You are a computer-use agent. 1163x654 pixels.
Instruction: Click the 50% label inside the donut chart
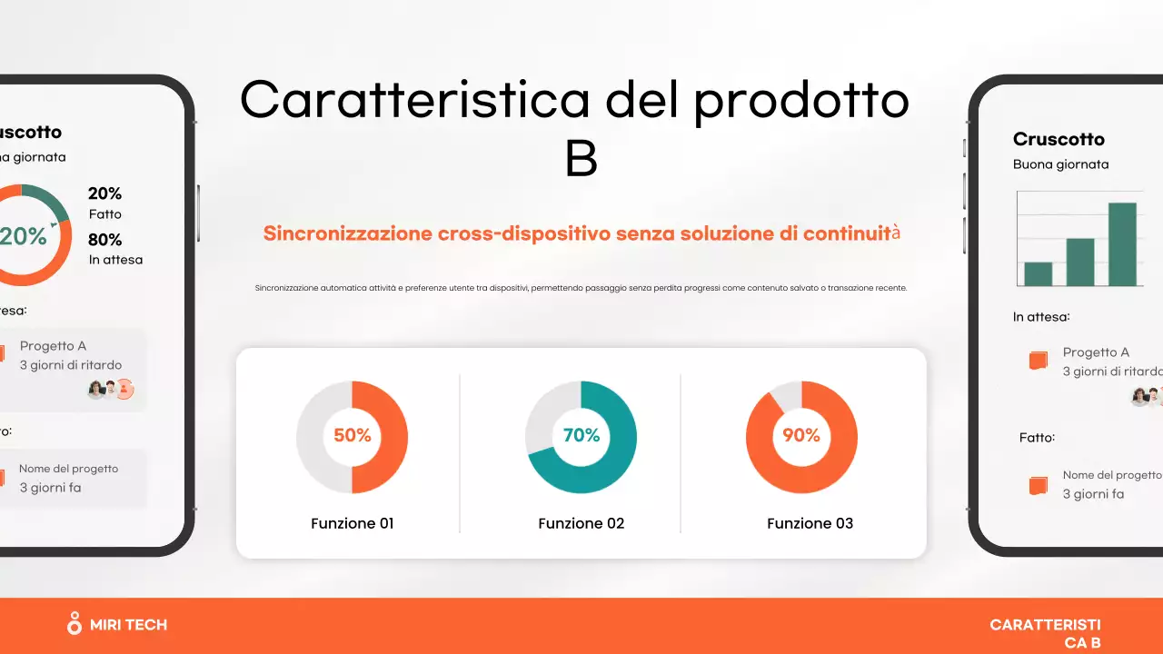click(x=353, y=436)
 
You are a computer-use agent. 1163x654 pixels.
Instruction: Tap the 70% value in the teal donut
click(x=581, y=436)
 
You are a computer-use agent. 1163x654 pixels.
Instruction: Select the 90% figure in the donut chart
click(x=801, y=436)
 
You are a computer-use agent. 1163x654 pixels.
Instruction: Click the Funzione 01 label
click(x=353, y=523)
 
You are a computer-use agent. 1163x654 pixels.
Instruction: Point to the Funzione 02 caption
click(x=581, y=523)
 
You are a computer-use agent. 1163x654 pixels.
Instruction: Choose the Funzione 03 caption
click(x=810, y=523)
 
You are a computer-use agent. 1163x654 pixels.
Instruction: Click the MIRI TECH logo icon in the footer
click(x=75, y=623)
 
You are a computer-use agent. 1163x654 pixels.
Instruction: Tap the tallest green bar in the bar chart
click(x=1122, y=243)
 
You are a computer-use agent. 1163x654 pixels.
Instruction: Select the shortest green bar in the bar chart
click(x=1038, y=273)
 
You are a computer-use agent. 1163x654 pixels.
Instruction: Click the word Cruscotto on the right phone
click(x=1059, y=139)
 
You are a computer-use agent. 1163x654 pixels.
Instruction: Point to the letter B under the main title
click(x=581, y=157)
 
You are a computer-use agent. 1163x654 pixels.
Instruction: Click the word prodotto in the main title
click(x=800, y=100)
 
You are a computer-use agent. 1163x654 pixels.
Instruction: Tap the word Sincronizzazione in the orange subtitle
click(x=347, y=233)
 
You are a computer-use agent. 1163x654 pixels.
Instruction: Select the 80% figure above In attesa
click(x=104, y=240)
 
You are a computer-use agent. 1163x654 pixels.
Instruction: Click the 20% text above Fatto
click(x=104, y=193)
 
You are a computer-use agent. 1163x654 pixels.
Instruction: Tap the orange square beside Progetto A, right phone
click(x=1038, y=361)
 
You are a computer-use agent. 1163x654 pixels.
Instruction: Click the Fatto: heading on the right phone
click(x=1037, y=437)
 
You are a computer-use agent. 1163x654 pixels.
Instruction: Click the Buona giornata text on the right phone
click(x=1060, y=164)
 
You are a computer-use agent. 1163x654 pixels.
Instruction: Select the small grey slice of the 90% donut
click(x=785, y=395)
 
